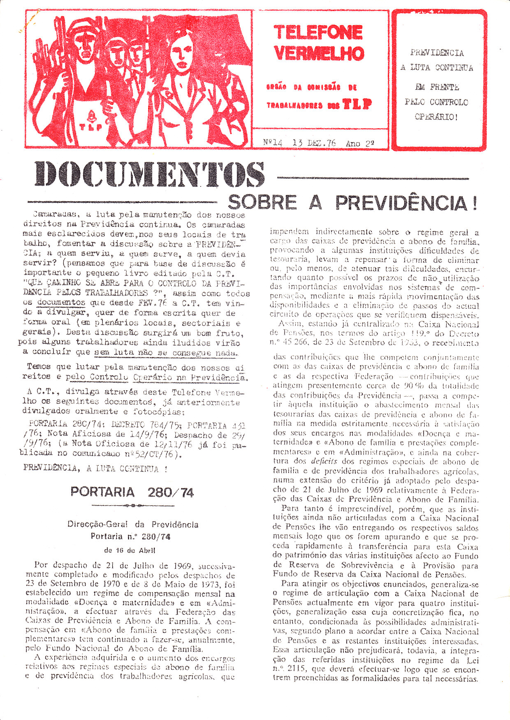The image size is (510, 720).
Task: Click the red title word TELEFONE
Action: click(x=318, y=32)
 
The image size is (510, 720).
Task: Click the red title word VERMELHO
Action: click(x=319, y=53)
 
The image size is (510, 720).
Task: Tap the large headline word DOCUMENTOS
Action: click(x=149, y=174)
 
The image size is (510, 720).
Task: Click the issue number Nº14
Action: click(x=273, y=143)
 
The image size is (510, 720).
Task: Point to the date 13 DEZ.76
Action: click(x=314, y=143)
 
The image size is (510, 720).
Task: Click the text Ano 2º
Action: click(x=360, y=143)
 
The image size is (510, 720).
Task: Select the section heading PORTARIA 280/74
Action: click(x=132, y=492)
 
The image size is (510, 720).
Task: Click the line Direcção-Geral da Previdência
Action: click(x=133, y=524)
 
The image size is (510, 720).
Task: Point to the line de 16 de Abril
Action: click(x=130, y=550)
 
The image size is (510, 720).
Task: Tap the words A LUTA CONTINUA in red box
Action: click(x=437, y=68)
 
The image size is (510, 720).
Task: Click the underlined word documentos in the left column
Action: click(x=61, y=303)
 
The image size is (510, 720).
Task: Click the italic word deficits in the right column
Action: click(x=324, y=461)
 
